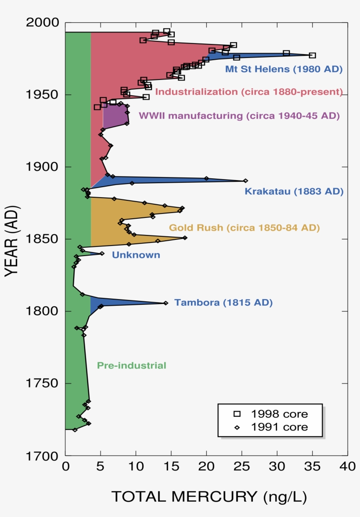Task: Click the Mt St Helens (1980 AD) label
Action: pyautogui.click(x=284, y=69)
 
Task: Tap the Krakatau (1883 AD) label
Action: pyautogui.click(x=294, y=192)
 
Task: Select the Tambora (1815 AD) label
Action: pyautogui.click(x=223, y=303)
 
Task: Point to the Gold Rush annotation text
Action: pyautogui.click(x=245, y=228)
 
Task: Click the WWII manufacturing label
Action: pyautogui.click(x=239, y=116)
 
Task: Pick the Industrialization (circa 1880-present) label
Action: pyautogui.click(x=248, y=92)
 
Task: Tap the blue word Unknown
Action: pyautogui.click(x=136, y=255)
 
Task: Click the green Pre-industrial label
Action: pyautogui.click(x=132, y=365)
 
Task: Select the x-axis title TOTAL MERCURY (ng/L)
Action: pyautogui.click(x=209, y=497)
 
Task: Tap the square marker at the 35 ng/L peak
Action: pyautogui.click(x=312, y=55)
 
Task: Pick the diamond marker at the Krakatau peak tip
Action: pyautogui.click(x=245, y=181)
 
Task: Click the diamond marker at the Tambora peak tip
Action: pyautogui.click(x=166, y=303)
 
